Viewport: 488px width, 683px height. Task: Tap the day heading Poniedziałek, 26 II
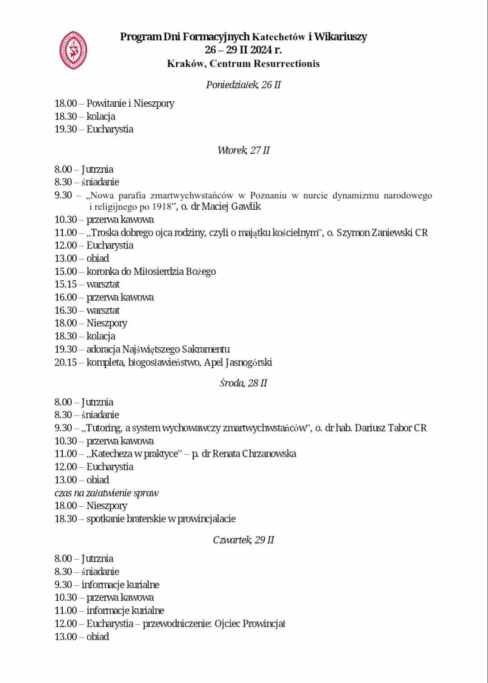244,85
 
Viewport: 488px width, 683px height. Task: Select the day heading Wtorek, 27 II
244,151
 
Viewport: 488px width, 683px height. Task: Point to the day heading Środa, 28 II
244,383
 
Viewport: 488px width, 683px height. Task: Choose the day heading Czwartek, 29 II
244,540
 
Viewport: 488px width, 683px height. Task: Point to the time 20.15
66,363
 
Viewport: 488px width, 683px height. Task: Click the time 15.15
66,284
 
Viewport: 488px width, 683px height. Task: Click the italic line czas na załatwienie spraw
107,493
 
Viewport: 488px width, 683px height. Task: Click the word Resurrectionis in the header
286,64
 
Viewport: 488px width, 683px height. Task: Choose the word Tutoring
103,428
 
